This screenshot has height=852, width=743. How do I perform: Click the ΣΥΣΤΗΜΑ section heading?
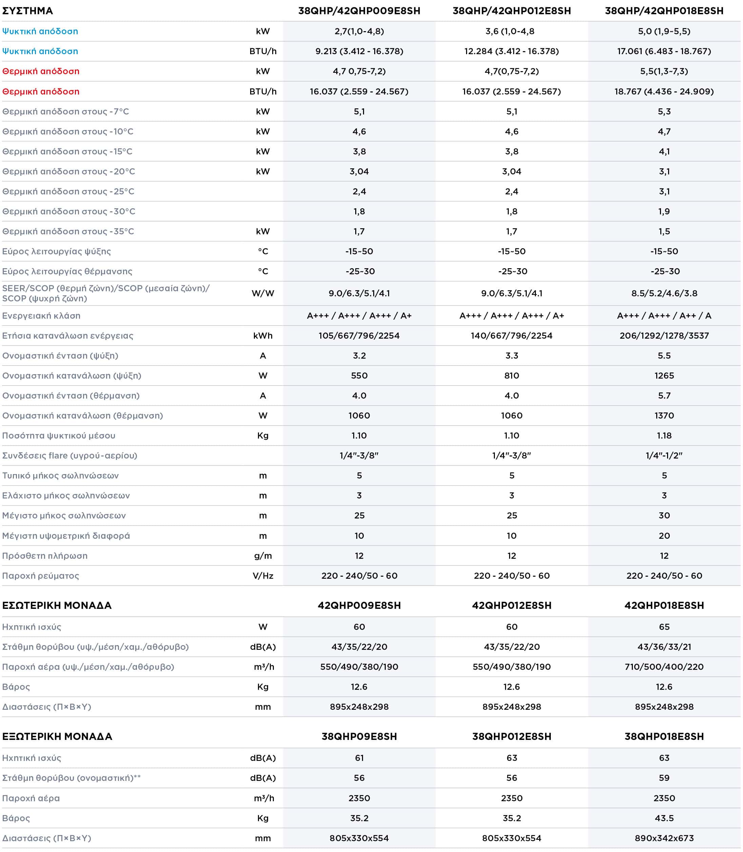coord(27,11)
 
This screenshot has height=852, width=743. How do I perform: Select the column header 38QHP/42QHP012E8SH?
coord(511,11)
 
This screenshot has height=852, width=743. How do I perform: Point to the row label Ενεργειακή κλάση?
coord(41,316)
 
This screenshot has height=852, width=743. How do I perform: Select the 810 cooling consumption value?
coord(511,376)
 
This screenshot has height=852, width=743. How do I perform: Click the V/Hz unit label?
coord(263,576)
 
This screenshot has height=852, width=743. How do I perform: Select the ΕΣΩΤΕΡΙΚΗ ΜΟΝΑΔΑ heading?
coord(57,605)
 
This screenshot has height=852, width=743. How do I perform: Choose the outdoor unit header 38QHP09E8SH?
coord(359,737)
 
